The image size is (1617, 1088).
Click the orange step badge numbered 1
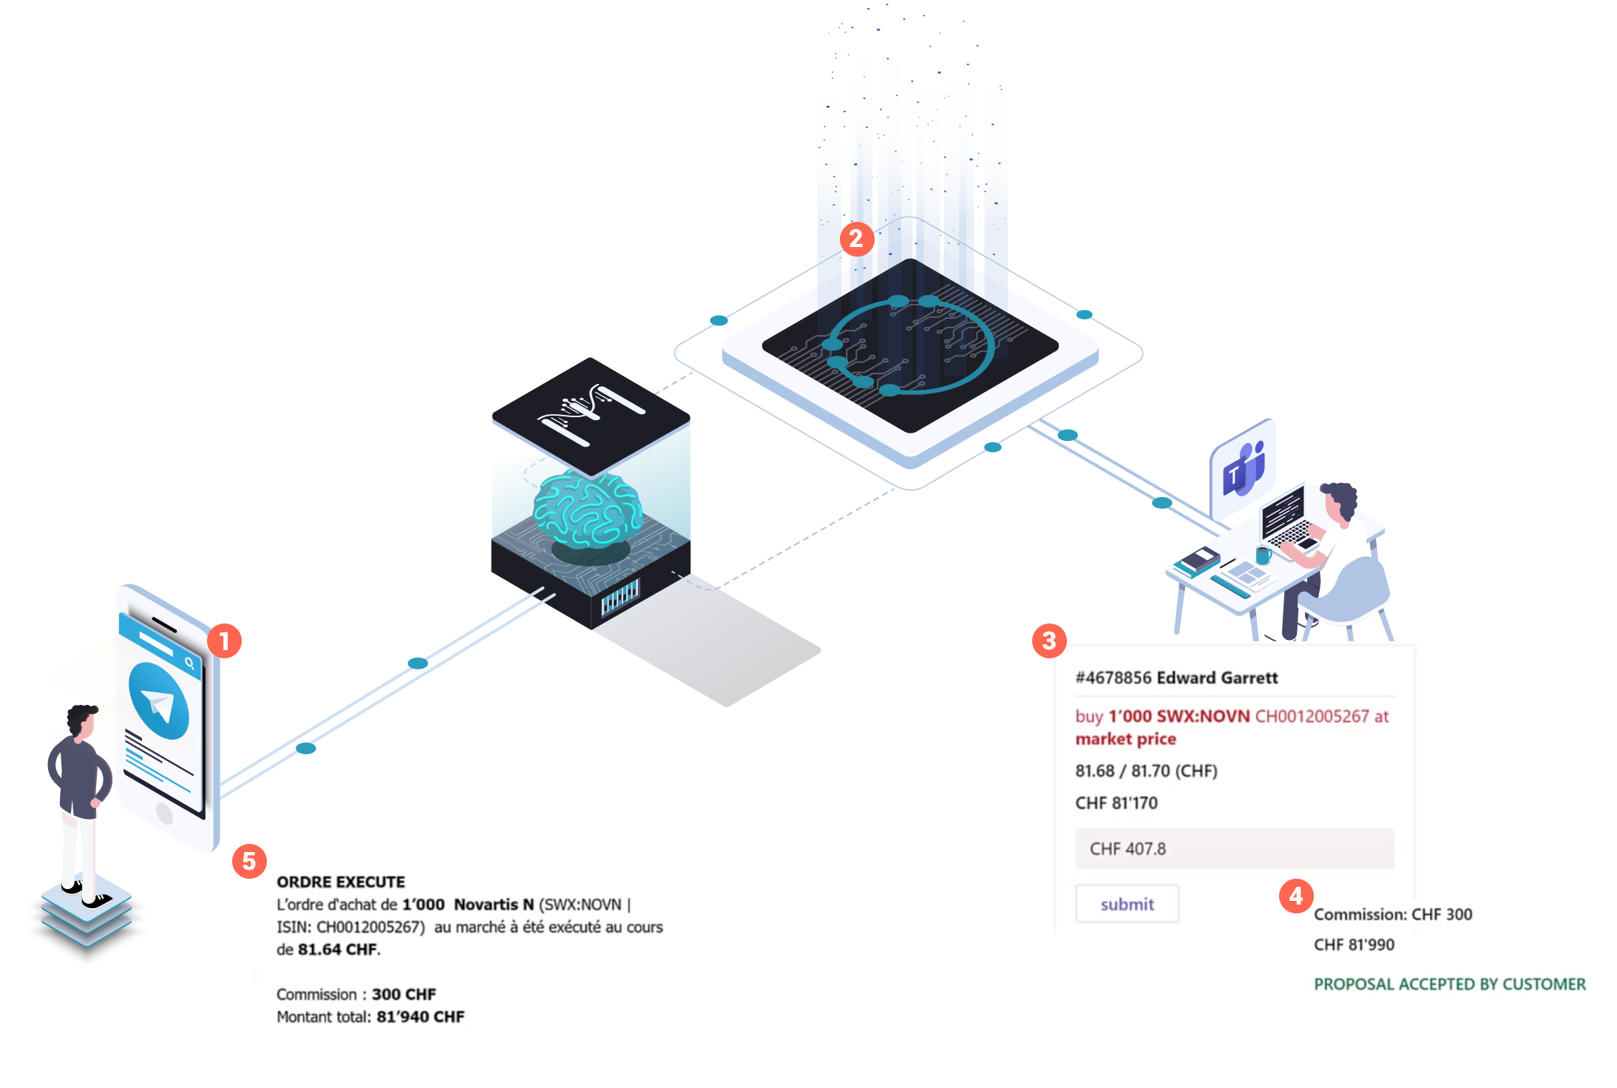224,641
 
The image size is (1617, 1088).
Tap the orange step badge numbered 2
856,238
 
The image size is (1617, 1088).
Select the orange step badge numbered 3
1048,641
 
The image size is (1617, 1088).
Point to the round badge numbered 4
1295,896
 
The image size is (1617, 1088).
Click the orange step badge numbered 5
249,861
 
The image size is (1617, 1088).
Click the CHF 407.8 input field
1234,848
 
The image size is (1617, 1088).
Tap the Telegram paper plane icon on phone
159,701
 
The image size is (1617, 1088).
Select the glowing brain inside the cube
588,508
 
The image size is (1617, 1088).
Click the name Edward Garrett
1217,678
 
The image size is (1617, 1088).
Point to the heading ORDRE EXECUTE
341,882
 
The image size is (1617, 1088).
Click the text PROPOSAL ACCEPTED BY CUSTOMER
1449,984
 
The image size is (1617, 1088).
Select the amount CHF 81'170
1116,803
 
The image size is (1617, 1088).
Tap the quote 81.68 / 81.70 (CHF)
1146,771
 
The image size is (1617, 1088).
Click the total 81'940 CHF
420,1016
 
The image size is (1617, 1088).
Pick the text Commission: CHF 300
1392,914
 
